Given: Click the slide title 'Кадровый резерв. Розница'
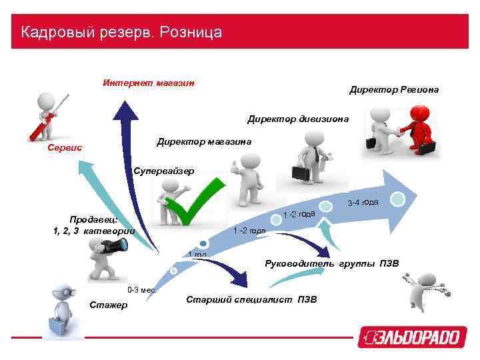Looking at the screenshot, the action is [121, 32].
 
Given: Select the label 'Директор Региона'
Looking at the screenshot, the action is [394, 89].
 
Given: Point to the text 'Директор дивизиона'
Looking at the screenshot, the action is [298, 119].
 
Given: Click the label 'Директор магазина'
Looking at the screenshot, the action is [203, 141].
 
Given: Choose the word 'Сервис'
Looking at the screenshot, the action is [65, 147].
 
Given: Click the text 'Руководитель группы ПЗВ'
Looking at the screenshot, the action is [331, 263].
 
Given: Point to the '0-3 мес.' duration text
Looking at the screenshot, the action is [142, 290].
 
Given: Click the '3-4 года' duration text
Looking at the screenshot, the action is [363, 202].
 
